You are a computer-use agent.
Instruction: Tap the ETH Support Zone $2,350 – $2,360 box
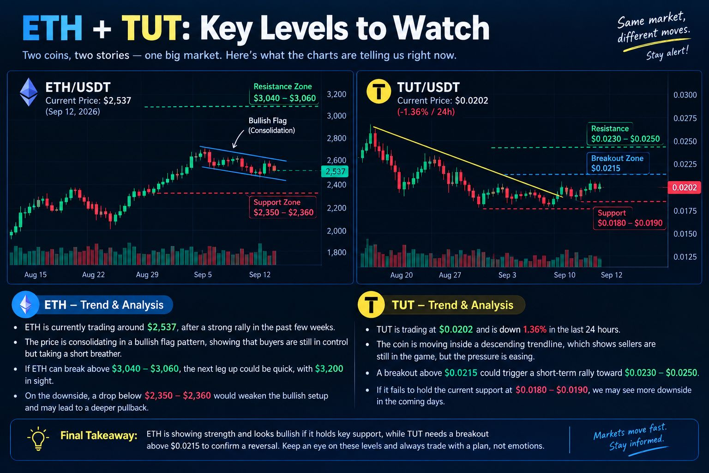click(x=282, y=207)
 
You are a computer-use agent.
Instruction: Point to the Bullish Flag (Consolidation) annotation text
click(x=271, y=126)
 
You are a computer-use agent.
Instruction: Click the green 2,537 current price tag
click(x=335, y=171)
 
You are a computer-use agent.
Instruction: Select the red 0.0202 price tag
click(x=684, y=188)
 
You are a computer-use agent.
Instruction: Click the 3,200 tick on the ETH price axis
click(x=336, y=94)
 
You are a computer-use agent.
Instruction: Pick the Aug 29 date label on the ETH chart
click(x=147, y=275)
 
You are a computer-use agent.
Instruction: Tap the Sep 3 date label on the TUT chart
click(x=507, y=275)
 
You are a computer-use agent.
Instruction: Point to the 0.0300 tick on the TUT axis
click(x=685, y=95)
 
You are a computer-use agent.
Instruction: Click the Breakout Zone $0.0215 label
click(x=618, y=163)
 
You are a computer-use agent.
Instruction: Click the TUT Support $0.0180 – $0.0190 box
click(x=630, y=218)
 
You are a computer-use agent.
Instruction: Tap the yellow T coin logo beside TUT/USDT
click(x=379, y=91)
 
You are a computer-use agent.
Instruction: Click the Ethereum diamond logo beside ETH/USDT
click(x=29, y=92)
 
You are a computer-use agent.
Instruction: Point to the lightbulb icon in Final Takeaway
click(x=38, y=438)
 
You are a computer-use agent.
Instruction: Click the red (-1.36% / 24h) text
click(x=426, y=112)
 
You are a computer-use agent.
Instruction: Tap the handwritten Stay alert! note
click(x=667, y=53)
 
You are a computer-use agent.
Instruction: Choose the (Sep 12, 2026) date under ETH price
click(x=72, y=112)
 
